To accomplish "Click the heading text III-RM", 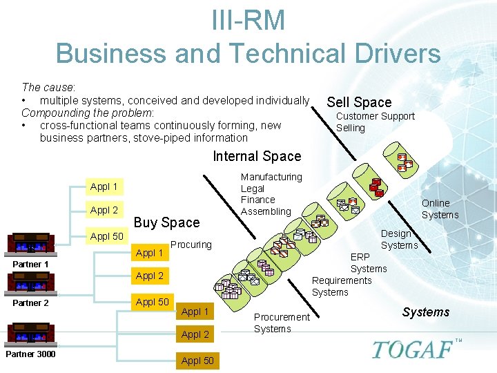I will coord(248,20).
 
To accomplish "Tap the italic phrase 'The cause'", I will coord(48,87).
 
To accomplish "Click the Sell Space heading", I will coord(359,102).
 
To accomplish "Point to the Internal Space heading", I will coord(257,157).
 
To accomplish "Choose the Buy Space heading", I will coord(166,222).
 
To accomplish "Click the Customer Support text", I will coord(375,116).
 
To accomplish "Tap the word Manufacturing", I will coord(271,178).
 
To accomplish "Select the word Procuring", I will coord(191,245).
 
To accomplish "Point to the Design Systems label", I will coord(399,239).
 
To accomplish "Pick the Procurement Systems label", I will coord(282,323).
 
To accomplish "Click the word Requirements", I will coord(342,280).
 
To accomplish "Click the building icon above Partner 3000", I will coord(30,334).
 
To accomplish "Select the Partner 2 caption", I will coord(30,303).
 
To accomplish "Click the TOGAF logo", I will coord(413,349).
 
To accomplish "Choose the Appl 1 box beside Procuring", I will coord(150,253).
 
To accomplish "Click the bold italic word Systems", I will coord(426,312).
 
